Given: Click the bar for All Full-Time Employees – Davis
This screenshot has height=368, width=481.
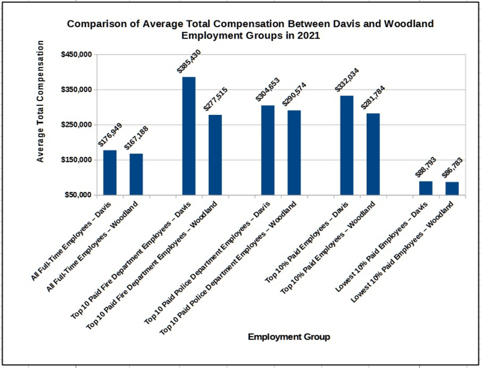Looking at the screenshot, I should tap(110, 173).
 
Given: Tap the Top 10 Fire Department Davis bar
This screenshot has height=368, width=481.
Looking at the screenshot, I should tap(189, 136).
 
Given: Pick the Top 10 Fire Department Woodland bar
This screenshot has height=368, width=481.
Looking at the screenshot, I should tap(215, 155).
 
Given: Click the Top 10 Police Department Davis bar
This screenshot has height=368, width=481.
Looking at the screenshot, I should tap(268, 150).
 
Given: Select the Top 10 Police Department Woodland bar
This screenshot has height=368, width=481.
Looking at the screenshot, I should tap(294, 153).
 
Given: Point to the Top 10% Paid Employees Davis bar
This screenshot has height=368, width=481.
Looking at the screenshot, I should tap(347, 146).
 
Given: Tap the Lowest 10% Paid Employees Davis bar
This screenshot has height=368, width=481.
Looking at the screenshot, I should tap(426, 188).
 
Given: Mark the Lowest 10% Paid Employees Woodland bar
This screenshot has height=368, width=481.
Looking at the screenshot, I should tap(452, 188).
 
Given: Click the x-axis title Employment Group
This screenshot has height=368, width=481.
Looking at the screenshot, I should tap(289, 337).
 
